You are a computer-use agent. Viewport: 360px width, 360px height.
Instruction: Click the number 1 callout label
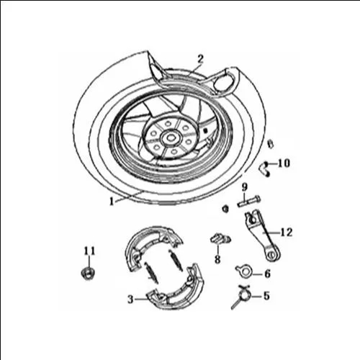[x=112, y=201]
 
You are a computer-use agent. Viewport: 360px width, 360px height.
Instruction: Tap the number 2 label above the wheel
[x=200, y=59]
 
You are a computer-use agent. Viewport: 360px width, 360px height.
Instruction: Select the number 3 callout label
[x=130, y=300]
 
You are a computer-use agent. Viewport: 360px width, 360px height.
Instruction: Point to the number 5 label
[x=266, y=296]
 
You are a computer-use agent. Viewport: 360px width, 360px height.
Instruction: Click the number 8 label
[x=217, y=259]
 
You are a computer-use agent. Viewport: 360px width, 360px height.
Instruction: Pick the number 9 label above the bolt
[x=244, y=187]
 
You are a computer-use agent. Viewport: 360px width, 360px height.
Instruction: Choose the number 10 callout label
[x=284, y=163]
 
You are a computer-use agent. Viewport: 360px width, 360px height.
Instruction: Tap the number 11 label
[x=89, y=251]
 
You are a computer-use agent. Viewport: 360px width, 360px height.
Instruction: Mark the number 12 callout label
[x=287, y=233]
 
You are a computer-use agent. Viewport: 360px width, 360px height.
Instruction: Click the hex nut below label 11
[x=88, y=273]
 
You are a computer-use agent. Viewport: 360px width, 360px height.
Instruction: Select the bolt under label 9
[x=249, y=201]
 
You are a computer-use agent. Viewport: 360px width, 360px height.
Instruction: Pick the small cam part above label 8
[x=220, y=239]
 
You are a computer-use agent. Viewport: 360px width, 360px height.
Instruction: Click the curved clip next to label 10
[x=264, y=169]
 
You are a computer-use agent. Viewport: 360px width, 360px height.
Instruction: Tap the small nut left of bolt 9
[x=225, y=209]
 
